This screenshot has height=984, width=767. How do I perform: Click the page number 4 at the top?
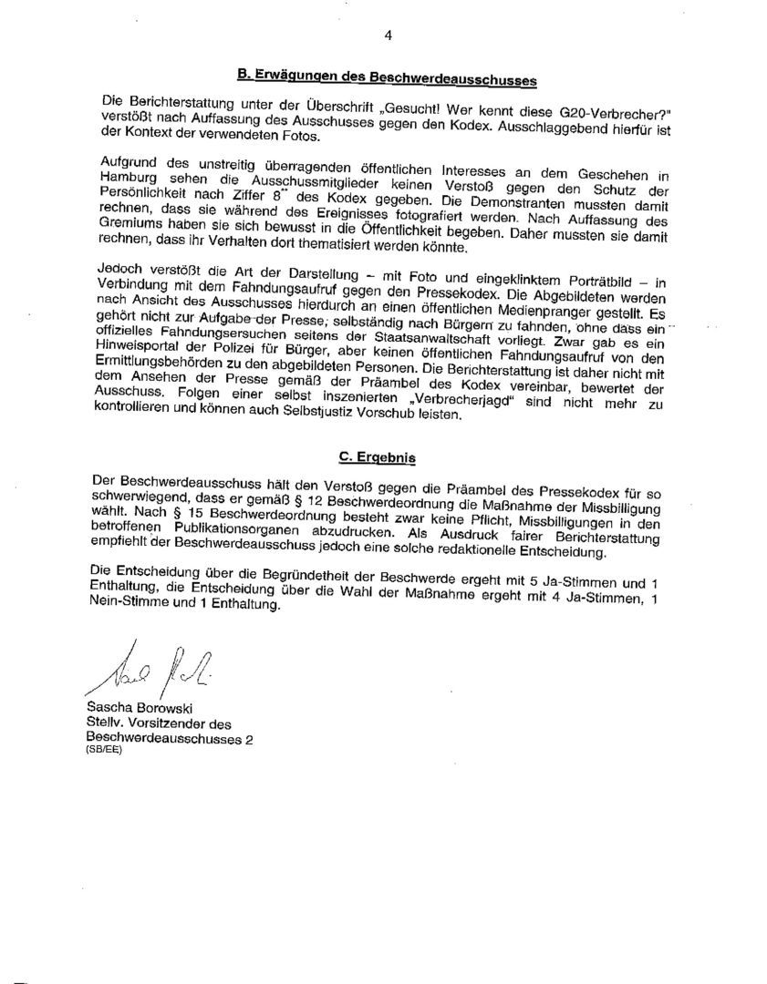pyautogui.click(x=388, y=36)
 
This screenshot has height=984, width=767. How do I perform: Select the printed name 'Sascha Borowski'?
pyautogui.click(x=139, y=708)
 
